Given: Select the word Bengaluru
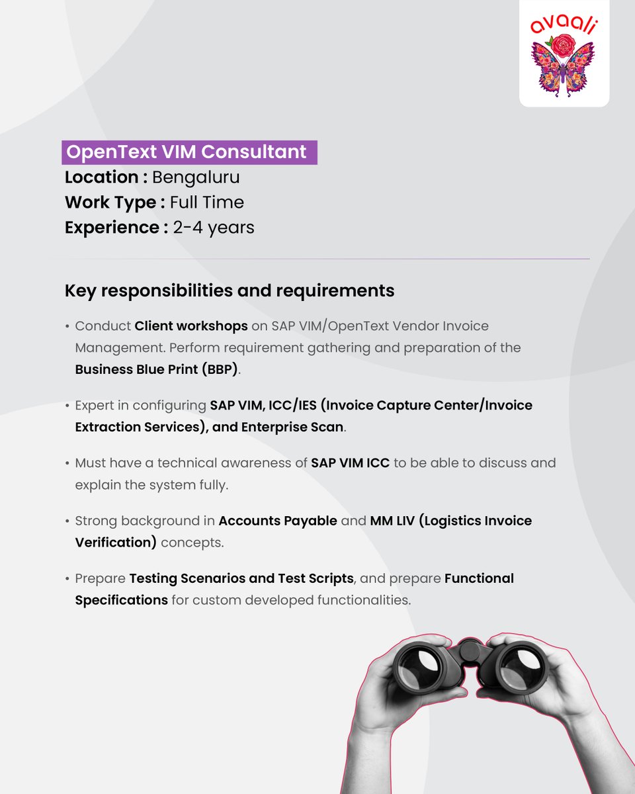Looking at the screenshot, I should (196, 177).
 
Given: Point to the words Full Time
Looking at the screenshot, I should (207, 202).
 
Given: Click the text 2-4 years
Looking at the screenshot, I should (214, 228).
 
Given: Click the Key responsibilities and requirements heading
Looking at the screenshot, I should (230, 290).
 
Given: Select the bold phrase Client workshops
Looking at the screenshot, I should (191, 326).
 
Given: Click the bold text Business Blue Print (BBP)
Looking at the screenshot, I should (156, 369).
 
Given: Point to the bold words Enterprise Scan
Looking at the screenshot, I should (292, 427).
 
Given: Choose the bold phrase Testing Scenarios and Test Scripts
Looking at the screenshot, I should (241, 578).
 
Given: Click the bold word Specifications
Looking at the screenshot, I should (121, 600).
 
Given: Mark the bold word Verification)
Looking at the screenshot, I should (116, 543).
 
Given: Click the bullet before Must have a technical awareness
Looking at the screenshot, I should (67, 463).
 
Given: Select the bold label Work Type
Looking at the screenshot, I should (110, 202).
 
